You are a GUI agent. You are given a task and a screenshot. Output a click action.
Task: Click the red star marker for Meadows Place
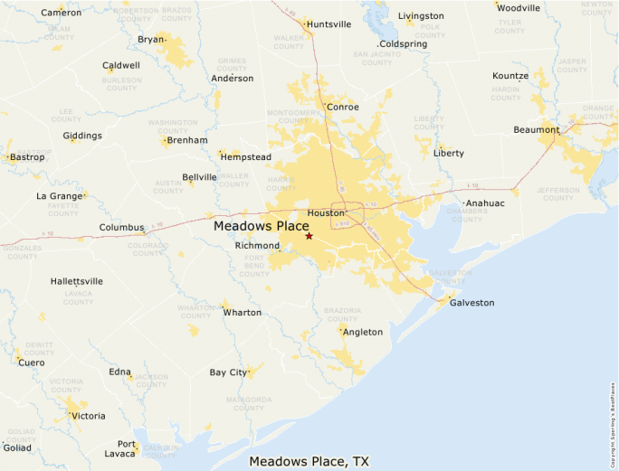[309, 236]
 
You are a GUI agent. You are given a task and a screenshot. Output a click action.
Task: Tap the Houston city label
[326, 213]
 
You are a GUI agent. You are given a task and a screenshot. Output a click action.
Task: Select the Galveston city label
[472, 303]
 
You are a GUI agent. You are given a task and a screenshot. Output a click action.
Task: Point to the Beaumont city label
[537, 130]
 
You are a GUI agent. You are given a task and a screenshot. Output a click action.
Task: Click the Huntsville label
[329, 24]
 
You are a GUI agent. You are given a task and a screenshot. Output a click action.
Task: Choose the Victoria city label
[89, 417]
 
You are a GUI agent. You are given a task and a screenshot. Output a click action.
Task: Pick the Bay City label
[228, 372]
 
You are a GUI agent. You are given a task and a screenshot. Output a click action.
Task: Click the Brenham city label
[188, 140]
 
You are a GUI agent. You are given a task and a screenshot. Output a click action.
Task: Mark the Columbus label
[121, 228]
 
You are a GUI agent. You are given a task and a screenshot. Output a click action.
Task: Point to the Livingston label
[421, 16]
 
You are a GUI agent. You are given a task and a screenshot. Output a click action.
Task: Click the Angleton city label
[362, 333]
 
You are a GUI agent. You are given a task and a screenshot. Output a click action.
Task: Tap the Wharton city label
[242, 313]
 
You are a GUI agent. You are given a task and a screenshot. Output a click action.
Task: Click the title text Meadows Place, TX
[309, 462]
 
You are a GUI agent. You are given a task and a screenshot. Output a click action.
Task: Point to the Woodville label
[519, 8]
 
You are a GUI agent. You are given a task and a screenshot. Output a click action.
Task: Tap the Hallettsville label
[77, 281]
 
